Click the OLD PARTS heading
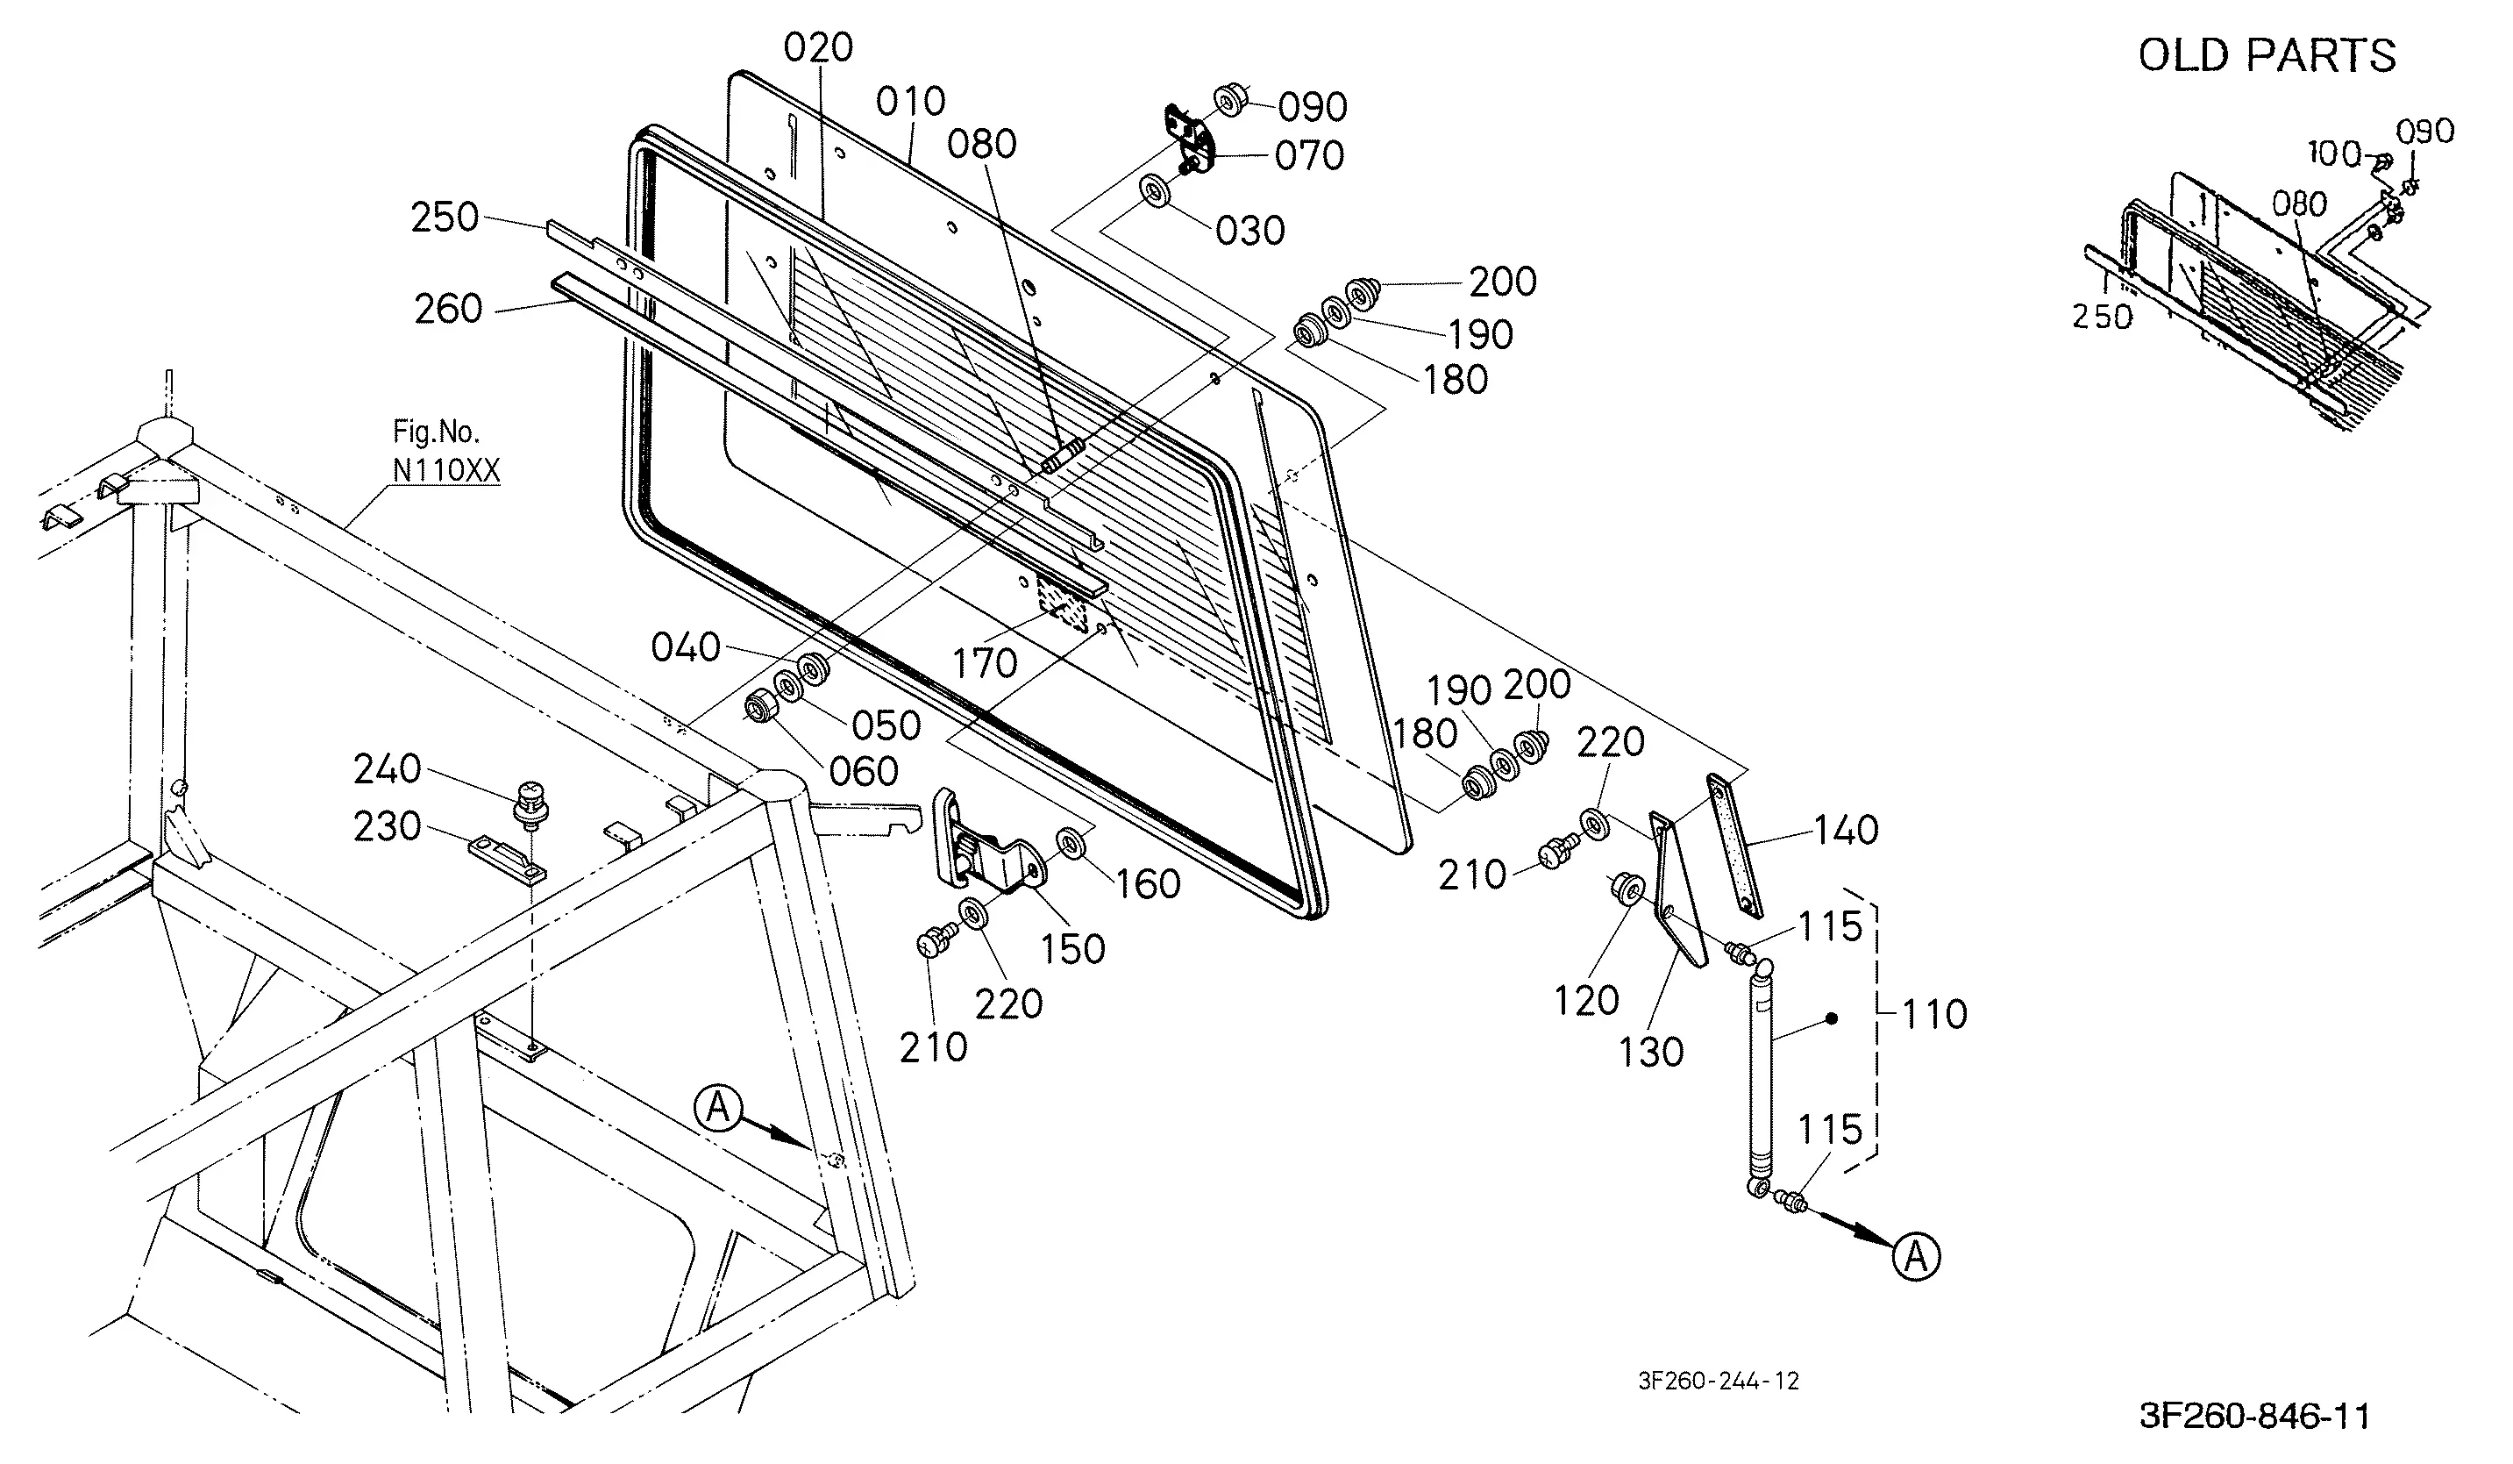tap(2266, 56)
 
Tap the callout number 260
tap(449, 309)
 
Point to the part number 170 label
tap(986, 663)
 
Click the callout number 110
tap(1934, 1014)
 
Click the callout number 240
tap(387, 769)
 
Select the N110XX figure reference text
tap(445, 469)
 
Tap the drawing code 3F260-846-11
tap(2254, 1416)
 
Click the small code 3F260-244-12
tap(1719, 1380)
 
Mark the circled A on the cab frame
tap(719, 1108)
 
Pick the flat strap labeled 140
tap(1735, 845)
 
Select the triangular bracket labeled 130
tap(1677, 888)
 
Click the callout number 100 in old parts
tap(2334, 154)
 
